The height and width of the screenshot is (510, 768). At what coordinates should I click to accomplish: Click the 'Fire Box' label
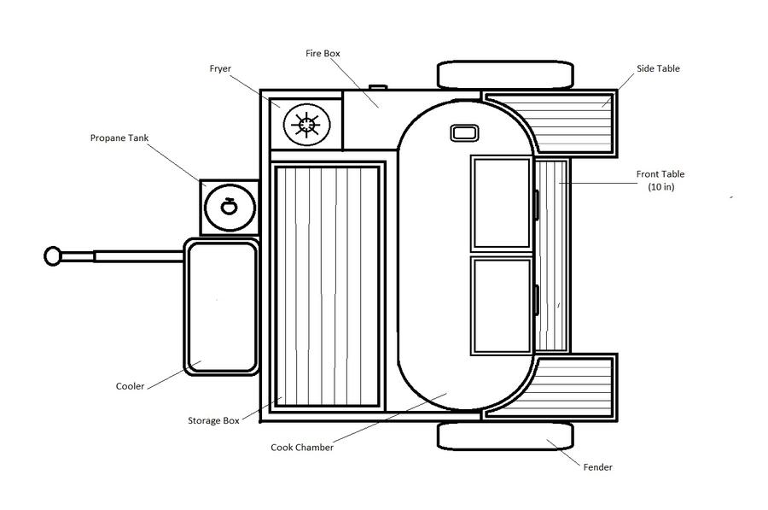click(323, 54)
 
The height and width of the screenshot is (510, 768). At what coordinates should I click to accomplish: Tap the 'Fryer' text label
click(220, 68)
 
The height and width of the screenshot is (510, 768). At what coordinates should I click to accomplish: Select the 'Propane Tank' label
click(119, 138)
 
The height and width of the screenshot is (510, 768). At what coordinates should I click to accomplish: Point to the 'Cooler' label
click(130, 386)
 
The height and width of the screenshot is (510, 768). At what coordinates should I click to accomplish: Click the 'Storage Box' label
click(213, 421)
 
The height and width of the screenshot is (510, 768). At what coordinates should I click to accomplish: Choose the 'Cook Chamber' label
click(302, 448)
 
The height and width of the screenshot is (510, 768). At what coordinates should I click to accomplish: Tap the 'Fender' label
click(597, 467)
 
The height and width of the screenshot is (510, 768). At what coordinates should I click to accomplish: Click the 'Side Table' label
click(658, 68)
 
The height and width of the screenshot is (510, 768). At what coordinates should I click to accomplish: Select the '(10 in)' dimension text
click(660, 187)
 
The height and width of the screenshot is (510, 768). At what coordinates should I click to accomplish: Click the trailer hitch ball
click(52, 256)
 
